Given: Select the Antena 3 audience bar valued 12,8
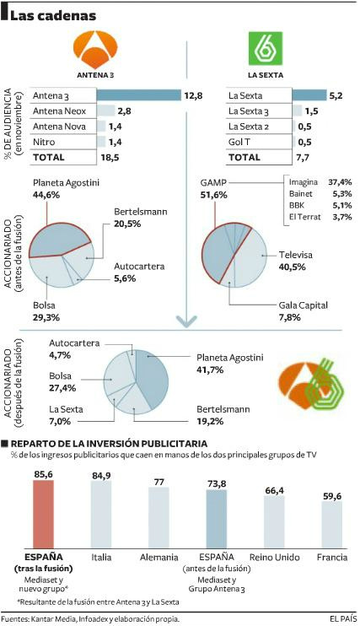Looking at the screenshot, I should tap(138, 95).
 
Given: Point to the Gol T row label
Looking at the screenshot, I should tap(239, 142).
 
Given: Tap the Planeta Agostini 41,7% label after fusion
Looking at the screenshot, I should tap(225, 362).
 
